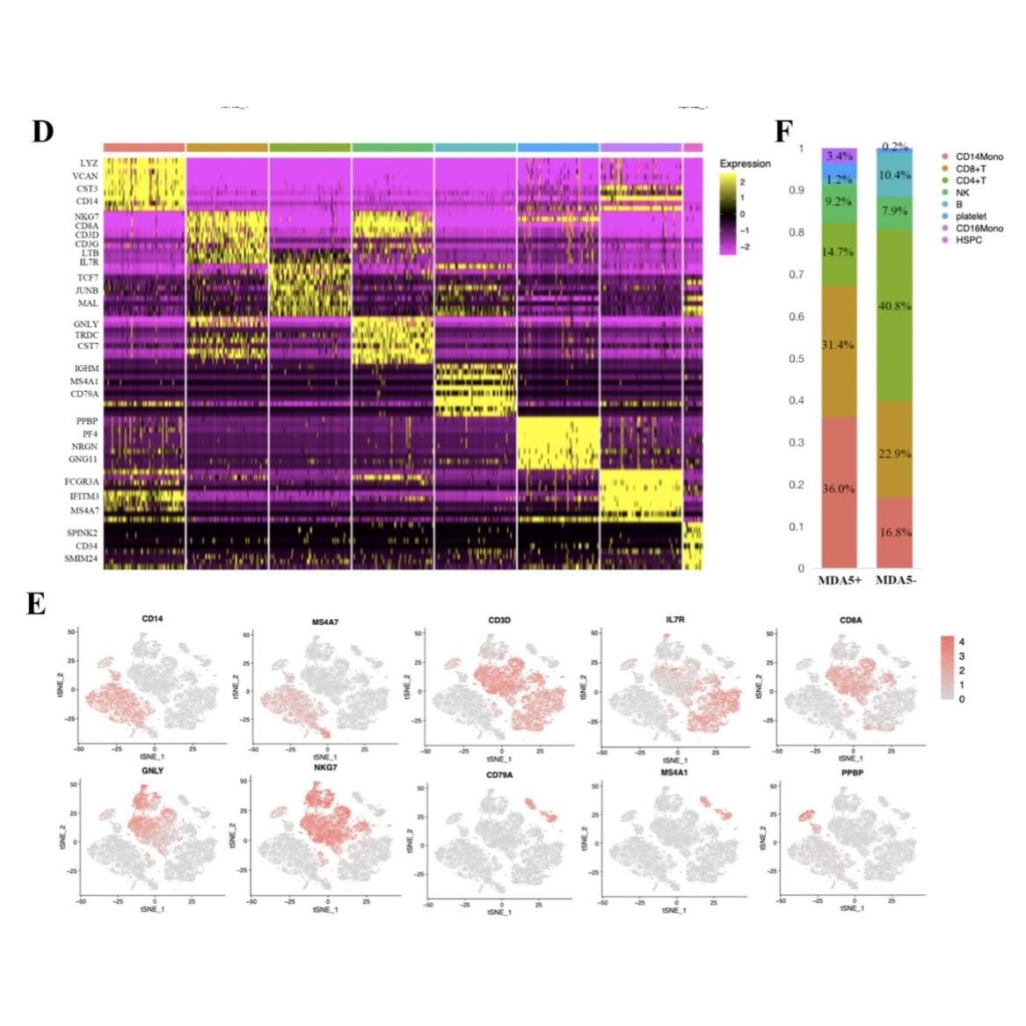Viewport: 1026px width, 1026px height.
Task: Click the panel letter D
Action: coord(42,131)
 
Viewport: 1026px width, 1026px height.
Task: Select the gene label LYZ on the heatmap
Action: coord(89,164)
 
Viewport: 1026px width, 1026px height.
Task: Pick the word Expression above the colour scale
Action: coord(745,164)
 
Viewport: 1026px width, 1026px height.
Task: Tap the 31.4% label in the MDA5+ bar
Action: coord(839,345)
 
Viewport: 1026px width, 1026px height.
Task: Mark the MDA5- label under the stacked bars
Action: coord(896,580)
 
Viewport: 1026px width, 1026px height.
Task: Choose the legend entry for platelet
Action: coord(971,215)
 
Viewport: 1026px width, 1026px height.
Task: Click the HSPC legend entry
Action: coord(968,240)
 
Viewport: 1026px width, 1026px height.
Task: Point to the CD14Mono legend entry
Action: coord(979,156)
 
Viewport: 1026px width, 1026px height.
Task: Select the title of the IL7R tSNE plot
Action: coord(674,620)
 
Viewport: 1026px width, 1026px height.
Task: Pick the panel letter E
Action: coord(36,605)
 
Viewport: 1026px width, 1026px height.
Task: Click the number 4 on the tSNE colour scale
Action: coord(962,642)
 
